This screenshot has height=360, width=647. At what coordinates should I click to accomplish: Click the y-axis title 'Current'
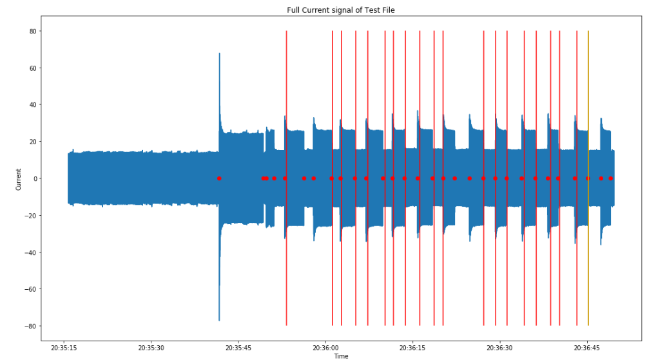tap(18, 179)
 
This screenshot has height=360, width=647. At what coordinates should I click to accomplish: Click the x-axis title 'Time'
tap(341, 355)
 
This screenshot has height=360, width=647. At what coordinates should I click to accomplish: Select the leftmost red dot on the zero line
tap(219, 178)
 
